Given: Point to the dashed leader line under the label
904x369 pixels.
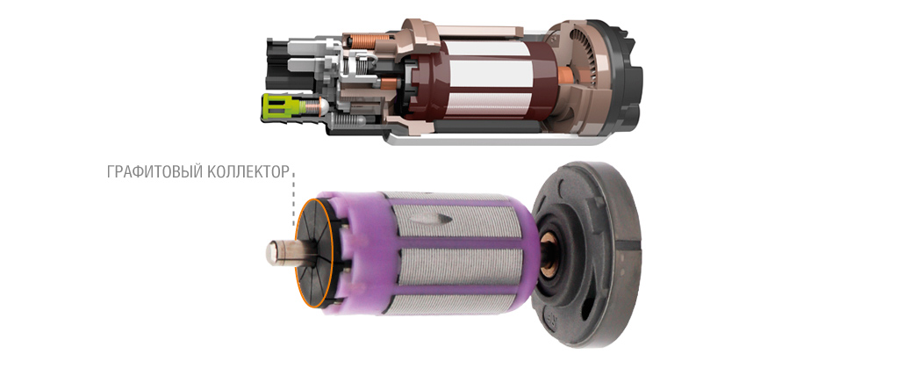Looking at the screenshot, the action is [x=293, y=196].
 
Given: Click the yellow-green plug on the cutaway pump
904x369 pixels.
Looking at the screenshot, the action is [x=283, y=106].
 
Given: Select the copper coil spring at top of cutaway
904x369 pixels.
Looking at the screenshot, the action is [x=365, y=41].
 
